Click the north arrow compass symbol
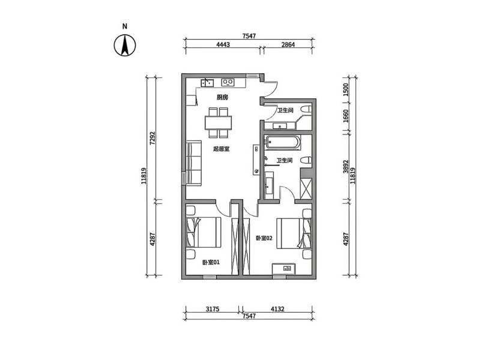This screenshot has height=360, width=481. pos(125,45)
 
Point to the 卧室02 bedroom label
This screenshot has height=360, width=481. pos(264,238)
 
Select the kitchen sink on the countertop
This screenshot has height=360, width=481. pos(208,82)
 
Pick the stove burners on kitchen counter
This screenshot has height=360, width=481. pos(228,82)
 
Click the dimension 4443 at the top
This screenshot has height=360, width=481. pos(223,44)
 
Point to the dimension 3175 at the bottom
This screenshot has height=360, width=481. pos(212,309)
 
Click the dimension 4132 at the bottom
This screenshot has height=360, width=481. pos(277,309)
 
